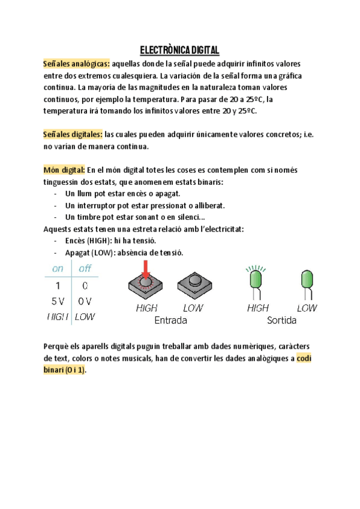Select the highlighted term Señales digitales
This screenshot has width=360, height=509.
point(73,134)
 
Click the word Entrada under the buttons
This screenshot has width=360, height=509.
point(170,321)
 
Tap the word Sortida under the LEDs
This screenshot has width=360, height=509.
point(281,321)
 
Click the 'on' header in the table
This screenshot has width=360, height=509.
point(58,269)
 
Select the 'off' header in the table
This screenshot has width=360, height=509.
point(85,269)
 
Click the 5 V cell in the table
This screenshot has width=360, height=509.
point(58,301)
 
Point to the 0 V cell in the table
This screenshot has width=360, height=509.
point(85,301)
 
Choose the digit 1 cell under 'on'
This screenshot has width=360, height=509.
point(58,285)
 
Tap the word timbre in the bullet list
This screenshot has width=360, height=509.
point(88,217)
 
